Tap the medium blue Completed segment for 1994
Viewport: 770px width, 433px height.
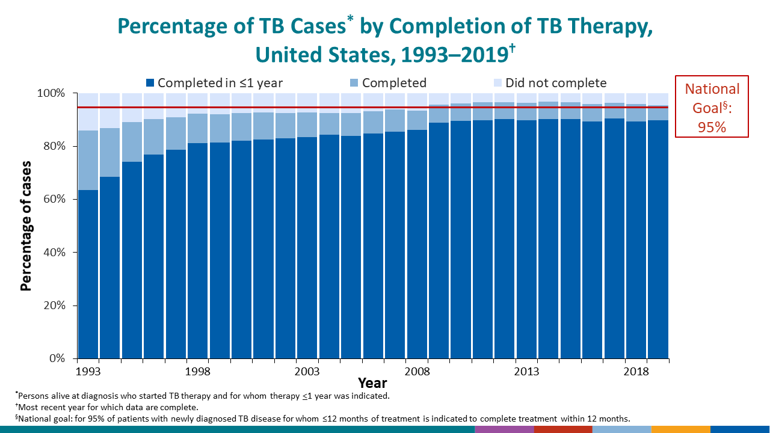(109, 152)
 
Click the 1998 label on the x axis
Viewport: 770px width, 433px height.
(197, 371)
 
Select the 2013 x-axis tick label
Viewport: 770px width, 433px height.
(526, 371)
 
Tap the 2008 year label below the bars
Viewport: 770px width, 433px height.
(417, 371)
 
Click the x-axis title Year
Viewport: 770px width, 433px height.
(372, 383)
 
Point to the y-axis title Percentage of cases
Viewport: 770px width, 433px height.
(26, 226)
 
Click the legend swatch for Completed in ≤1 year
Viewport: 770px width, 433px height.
(150, 83)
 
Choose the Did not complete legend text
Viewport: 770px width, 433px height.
(556, 83)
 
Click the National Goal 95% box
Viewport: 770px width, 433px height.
(712, 106)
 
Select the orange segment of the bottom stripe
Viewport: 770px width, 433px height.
(680, 429)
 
